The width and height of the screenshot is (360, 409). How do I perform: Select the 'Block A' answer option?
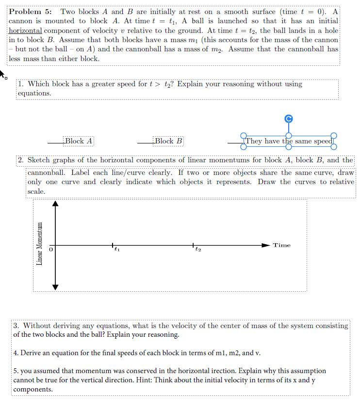(x=79, y=141)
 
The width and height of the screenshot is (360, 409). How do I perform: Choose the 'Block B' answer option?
(x=168, y=141)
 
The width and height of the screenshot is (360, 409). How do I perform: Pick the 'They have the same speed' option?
(x=289, y=141)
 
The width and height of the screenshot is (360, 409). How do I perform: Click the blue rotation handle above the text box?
(x=289, y=119)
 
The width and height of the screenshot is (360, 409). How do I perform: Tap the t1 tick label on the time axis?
(x=116, y=250)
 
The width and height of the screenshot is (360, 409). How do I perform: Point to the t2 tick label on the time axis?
(x=198, y=250)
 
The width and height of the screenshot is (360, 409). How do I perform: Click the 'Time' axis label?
(x=281, y=245)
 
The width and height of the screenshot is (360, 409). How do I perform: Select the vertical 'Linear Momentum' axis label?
(x=40, y=244)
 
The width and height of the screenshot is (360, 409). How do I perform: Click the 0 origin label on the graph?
(x=50, y=250)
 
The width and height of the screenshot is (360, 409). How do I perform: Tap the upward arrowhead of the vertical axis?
(x=55, y=204)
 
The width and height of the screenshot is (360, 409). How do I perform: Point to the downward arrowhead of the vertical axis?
(x=55, y=287)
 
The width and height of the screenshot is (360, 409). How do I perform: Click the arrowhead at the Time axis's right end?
(x=265, y=246)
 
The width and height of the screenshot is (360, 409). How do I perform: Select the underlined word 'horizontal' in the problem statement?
(x=25, y=31)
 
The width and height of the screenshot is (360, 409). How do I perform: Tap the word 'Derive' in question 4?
(x=31, y=353)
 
